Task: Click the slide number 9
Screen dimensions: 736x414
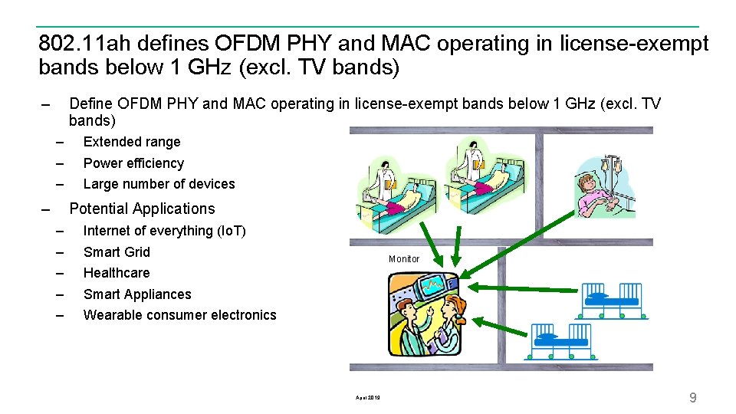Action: click(x=693, y=397)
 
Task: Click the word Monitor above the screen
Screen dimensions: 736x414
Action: click(x=404, y=259)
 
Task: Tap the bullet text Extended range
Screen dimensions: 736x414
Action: click(x=132, y=142)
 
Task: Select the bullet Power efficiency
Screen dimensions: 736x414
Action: click(x=133, y=163)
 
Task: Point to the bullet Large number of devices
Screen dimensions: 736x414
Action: click(x=159, y=184)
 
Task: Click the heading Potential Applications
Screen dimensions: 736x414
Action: click(x=142, y=209)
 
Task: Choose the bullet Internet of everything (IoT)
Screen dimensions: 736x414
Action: click(x=164, y=231)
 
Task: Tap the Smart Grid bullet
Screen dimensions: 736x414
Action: click(x=117, y=252)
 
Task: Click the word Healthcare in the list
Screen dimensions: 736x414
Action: click(x=117, y=273)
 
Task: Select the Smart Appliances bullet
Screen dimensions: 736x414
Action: click(x=137, y=294)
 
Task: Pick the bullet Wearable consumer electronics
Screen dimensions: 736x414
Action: click(x=179, y=315)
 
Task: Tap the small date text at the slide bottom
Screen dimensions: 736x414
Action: click(x=368, y=397)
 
